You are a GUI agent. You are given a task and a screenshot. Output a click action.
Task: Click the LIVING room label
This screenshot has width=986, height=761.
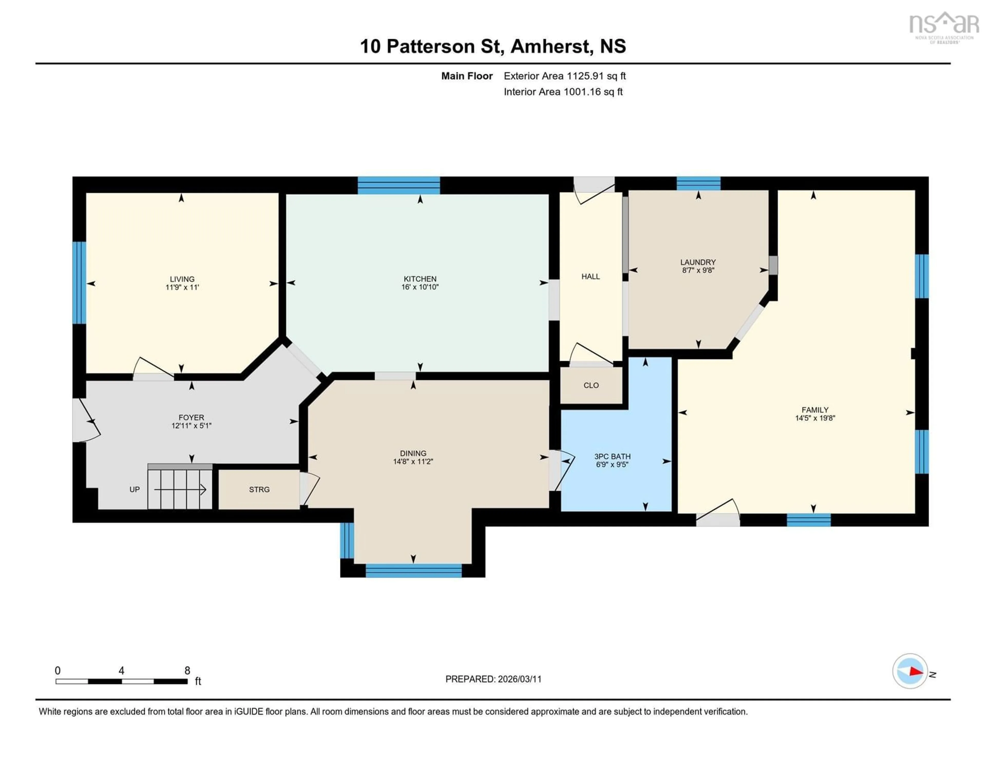182,279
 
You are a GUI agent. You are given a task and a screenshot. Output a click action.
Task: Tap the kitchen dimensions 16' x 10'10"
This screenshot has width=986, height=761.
420,287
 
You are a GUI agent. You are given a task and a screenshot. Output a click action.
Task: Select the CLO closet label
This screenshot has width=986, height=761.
591,385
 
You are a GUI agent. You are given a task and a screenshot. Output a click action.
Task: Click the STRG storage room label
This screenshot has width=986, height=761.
259,490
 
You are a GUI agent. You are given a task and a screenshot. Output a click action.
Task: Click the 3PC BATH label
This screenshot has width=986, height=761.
612,456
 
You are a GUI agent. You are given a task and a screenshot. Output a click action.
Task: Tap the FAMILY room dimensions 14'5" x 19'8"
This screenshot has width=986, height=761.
815,418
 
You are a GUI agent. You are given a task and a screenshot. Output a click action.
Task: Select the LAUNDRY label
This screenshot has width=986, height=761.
698,262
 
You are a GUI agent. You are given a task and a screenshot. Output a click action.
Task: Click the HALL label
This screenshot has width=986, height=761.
591,277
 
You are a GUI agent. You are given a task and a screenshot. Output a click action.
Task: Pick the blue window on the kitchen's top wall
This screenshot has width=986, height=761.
399,186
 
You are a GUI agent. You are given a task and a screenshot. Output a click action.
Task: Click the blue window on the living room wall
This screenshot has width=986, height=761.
79,283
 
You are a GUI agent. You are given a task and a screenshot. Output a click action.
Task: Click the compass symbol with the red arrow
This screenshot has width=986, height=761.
910,671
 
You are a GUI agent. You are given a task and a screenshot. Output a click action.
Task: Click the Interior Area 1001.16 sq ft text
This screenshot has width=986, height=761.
563,92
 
